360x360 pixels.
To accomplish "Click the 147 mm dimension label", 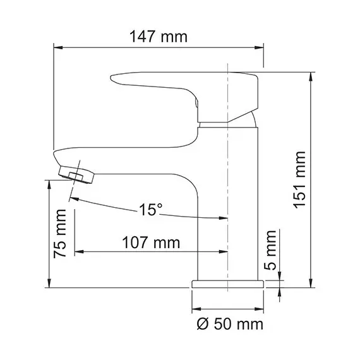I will click(159, 36).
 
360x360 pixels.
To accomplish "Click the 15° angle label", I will click(151, 209).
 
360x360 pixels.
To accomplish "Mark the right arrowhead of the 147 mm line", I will click(260, 47).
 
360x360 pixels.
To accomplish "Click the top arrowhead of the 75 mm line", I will click(49, 183).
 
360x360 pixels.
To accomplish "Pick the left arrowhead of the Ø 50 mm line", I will click(194, 309).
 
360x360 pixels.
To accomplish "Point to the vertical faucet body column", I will click(229, 202).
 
